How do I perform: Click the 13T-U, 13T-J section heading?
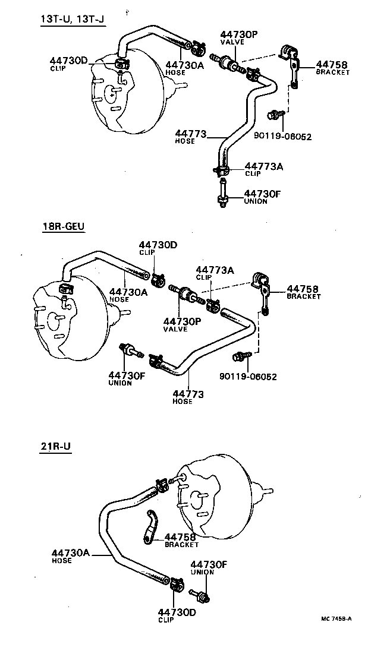pyautogui.click(x=72, y=20)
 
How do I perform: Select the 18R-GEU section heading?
pyautogui.click(x=63, y=227)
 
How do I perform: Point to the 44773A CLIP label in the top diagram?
pyautogui.click(x=264, y=169)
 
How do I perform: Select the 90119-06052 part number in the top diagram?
pyautogui.click(x=282, y=136)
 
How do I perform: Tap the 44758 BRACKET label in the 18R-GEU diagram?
pyautogui.click(x=303, y=291)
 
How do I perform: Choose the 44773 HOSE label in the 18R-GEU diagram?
pyautogui.click(x=188, y=396)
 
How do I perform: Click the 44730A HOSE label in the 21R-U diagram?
pyautogui.click(x=70, y=555)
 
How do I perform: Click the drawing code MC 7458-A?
pyautogui.click(x=336, y=619)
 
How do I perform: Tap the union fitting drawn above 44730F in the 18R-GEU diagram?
pyautogui.click(x=130, y=350)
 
